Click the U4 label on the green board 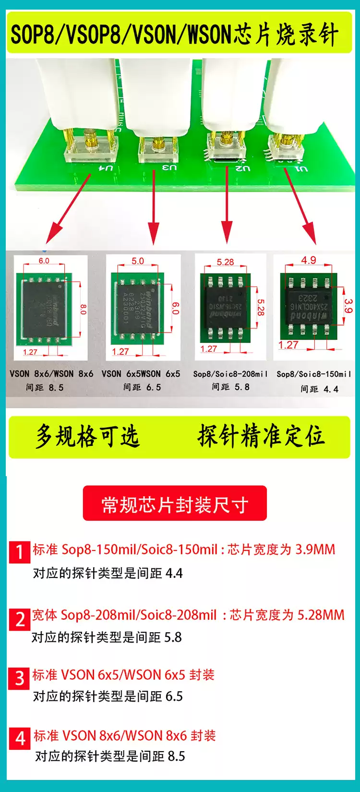(x=106, y=168)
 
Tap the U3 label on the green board (x=169, y=168)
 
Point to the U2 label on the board (x=243, y=168)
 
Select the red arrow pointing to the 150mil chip (x=300, y=206)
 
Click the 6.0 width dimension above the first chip (x=44, y=261)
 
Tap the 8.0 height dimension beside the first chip (x=83, y=309)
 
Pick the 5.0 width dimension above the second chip (x=138, y=261)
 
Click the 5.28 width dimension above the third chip (x=225, y=262)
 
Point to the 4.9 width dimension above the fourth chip (x=309, y=260)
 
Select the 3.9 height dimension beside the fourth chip (x=349, y=305)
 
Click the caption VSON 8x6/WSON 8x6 (x=51, y=373)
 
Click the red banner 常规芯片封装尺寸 (x=175, y=504)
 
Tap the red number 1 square (x=20, y=552)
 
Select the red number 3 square (x=19, y=678)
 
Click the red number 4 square (x=20, y=738)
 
